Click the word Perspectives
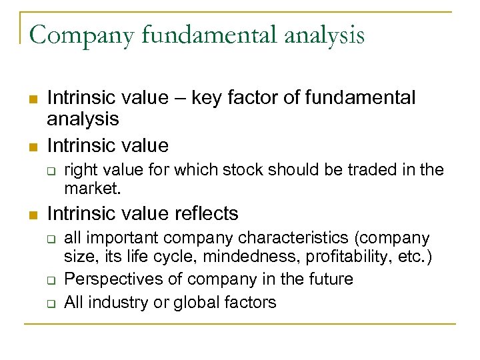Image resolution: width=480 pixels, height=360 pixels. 113,279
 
